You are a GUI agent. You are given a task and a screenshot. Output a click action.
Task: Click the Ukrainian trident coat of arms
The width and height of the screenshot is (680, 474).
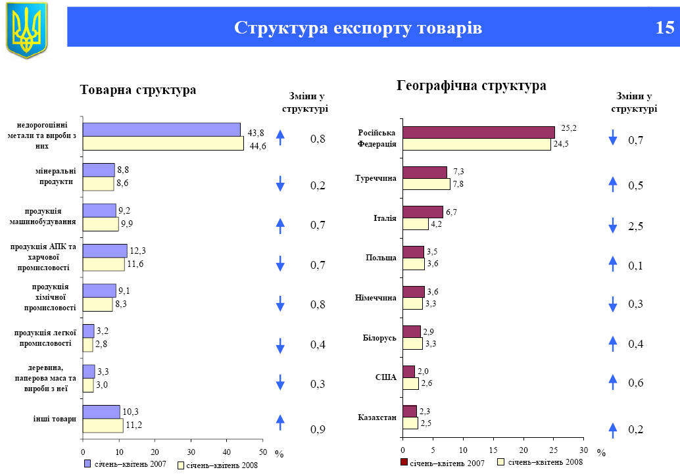pyautogui.click(x=27, y=29)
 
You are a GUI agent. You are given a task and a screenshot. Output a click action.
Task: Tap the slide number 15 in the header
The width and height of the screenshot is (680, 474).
pyautogui.click(x=664, y=28)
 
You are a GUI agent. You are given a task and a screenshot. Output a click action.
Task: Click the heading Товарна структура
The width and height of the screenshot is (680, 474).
pyautogui.click(x=138, y=90)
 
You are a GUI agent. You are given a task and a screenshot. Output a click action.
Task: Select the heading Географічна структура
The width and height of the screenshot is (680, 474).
pyautogui.click(x=472, y=86)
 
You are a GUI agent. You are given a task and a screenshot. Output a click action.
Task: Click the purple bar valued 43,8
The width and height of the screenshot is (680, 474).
pyautogui.click(x=161, y=130)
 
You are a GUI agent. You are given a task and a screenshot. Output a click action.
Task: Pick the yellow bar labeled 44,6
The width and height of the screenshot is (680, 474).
pyautogui.click(x=163, y=143)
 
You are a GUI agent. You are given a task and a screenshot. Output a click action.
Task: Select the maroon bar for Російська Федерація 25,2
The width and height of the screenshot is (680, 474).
pyautogui.click(x=479, y=132)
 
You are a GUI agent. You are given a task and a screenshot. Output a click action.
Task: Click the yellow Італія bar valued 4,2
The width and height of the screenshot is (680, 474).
pyautogui.click(x=416, y=224)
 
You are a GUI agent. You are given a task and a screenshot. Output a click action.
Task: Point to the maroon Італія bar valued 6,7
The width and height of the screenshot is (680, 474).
pyautogui.click(x=423, y=212)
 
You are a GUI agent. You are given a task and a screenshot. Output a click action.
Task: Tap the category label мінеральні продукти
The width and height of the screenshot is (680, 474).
pyautogui.click(x=55, y=176)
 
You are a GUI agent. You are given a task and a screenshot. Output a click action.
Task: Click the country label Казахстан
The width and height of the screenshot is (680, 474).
pyautogui.click(x=377, y=417)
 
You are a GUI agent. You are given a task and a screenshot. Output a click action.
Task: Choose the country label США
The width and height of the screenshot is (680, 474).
pyautogui.click(x=385, y=377)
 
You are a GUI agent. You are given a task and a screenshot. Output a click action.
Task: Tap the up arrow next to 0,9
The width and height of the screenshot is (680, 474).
pyautogui.click(x=280, y=422)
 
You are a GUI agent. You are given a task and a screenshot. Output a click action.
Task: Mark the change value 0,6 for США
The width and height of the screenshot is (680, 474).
pyautogui.click(x=635, y=383)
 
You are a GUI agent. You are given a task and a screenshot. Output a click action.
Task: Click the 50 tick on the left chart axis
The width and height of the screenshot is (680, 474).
pyautogui.click(x=262, y=452)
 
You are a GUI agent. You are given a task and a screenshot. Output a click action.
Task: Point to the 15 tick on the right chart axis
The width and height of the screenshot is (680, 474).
pyautogui.click(x=493, y=450)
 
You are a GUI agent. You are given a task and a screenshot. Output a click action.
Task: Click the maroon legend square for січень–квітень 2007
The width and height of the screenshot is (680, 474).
pyautogui.click(x=404, y=463)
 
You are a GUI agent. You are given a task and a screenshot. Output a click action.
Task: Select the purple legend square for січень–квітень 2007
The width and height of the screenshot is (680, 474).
pyautogui.click(x=87, y=464)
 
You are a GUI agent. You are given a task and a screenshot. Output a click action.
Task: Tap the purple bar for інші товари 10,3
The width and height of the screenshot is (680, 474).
pyautogui.click(x=101, y=412)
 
